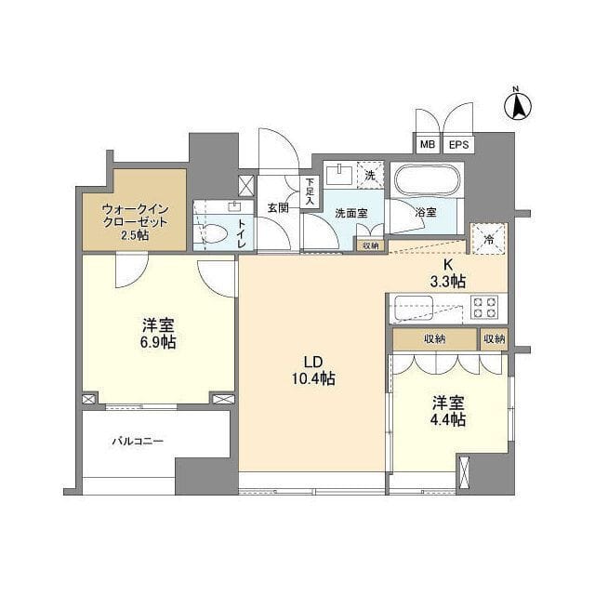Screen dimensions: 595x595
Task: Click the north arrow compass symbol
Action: click(x=518, y=103)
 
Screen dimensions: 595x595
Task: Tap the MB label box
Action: click(x=427, y=144)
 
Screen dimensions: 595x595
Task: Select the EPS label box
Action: click(x=458, y=144)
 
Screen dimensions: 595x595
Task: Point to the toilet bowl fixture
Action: click(x=215, y=235)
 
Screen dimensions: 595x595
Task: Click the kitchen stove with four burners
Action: click(x=483, y=307)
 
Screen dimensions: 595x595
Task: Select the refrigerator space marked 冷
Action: click(x=490, y=238)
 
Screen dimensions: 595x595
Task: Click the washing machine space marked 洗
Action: click(x=370, y=175)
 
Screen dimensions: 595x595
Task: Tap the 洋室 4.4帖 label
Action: click(x=448, y=411)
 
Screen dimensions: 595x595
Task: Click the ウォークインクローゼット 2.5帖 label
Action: click(x=135, y=222)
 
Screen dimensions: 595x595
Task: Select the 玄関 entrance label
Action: click(x=278, y=207)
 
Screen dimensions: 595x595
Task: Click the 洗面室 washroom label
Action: click(x=350, y=213)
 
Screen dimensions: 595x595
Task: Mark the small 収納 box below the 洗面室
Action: click(x=370, y=245)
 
